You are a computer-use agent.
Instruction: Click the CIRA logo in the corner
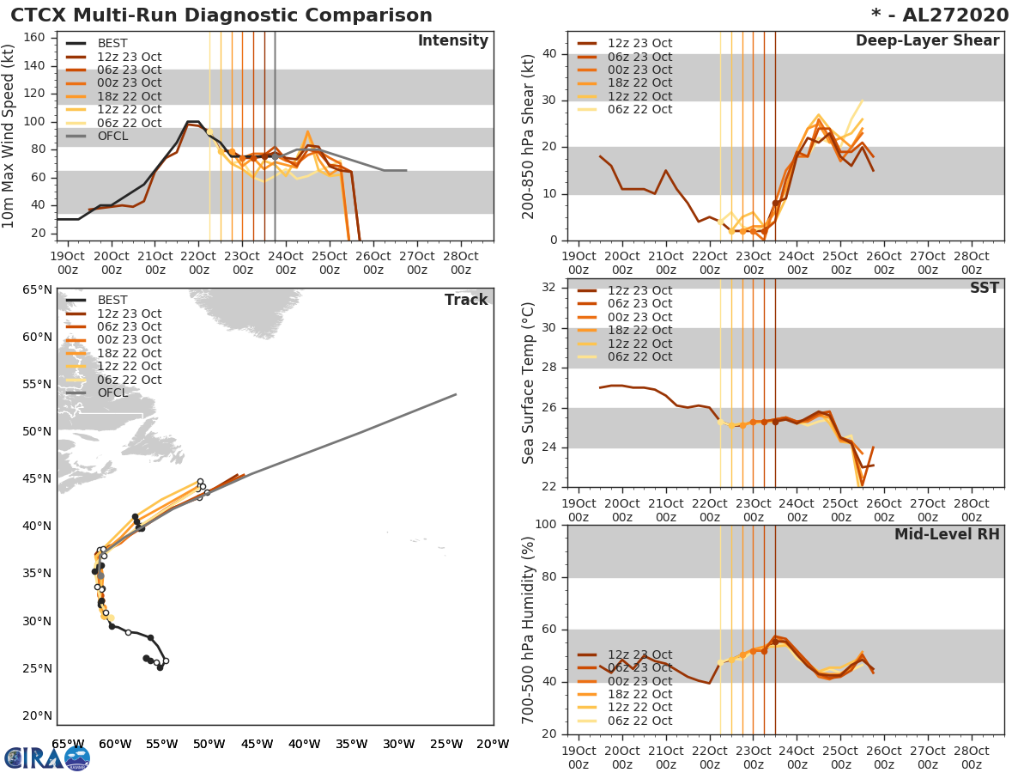46,758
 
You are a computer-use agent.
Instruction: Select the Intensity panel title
452,41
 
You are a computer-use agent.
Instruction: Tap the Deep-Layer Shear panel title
927,41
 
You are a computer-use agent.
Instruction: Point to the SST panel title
985,288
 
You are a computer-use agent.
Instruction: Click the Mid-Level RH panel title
947,534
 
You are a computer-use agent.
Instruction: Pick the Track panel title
466,300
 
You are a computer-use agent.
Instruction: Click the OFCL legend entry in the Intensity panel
115,137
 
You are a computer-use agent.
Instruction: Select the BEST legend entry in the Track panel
112,300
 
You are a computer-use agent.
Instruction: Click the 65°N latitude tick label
37,289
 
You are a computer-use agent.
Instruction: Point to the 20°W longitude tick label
493,744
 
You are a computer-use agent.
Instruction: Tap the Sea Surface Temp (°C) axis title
528,383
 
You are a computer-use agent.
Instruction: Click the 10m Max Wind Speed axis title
9,137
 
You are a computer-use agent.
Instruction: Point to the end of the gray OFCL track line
456,394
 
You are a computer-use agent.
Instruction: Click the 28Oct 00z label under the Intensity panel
461,263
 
